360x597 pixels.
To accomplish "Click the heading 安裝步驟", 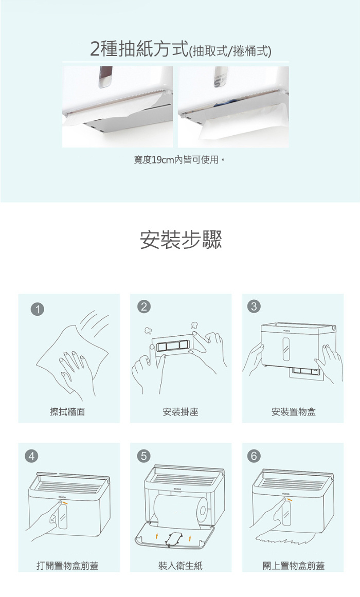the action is pyautogui.click(x=181, y=240).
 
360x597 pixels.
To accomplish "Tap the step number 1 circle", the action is pyautogui.click(x=38, y=309).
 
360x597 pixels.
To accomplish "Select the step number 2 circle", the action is pyautogui.click(x=143, y=306).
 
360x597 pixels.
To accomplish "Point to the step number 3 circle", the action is pyautogui.click(x=254, y=306).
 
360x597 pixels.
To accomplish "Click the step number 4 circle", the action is pyautogui.click(x=32, y=456).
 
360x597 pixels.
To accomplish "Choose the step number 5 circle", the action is pyautogui.click(x=143, y=456).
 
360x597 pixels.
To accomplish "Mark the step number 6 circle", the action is pyautogui.click(x=254, y=456).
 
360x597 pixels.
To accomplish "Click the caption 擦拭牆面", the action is pyautogui.click(x=67, y=411).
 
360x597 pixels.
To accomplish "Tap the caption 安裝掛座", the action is pyautogui.click(x=181, y=411).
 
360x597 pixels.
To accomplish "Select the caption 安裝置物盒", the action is pyautogui.click(x=293, y=411).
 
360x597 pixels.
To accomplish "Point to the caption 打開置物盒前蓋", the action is pyautogui.click(x=67, y=566).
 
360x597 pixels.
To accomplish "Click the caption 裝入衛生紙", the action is pyautogui.click(x=181, y=566).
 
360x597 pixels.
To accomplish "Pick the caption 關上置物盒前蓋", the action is pyautogui.click(x=294, y=566).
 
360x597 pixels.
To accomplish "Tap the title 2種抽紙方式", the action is pyautogui.click(x=139, y=49).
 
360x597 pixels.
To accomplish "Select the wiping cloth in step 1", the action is pyautogui.click(x=73, y=358).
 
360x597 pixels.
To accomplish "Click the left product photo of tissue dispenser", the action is pyautogui.click(x=117, y=106).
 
